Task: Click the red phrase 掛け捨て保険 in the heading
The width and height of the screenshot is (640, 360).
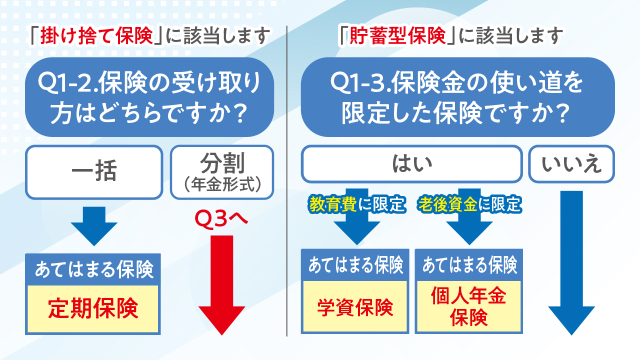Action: [96, 36]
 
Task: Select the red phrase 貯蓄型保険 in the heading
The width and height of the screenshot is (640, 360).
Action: [397, 36]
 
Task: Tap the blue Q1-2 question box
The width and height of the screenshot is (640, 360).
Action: [149, 97]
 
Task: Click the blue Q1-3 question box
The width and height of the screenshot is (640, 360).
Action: [457, 97]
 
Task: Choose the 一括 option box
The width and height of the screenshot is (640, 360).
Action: [94, 172]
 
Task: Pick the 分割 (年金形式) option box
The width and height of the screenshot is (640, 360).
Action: [222, 172]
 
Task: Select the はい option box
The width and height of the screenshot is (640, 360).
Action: [411, 164]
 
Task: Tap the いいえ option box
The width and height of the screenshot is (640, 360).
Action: [571, 164]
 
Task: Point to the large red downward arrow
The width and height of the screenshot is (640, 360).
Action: [221, 285]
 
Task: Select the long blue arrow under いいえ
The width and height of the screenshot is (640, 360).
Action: [571, 263]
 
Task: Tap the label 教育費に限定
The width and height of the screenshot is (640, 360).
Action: [357, 204]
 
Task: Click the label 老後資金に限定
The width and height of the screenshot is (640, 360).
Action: [469, 204]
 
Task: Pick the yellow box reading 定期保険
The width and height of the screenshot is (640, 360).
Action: [93, 309]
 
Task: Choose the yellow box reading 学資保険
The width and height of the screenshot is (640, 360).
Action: [355, 306]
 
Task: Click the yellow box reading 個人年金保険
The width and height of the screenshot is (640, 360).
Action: [469, 306]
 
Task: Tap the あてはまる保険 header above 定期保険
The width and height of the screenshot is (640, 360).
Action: [93, 269]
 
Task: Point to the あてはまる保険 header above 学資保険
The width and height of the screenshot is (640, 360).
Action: [355, 265]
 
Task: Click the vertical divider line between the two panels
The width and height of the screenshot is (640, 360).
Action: [287, 181]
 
